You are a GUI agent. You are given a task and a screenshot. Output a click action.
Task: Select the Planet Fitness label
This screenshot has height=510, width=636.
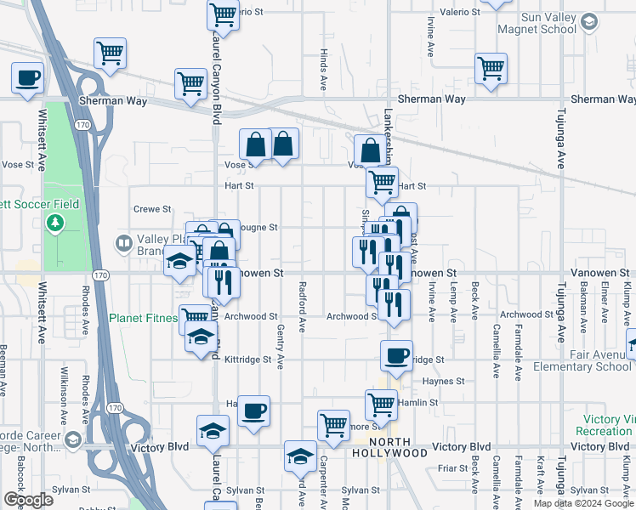pyautogui.click(x=143, y=319)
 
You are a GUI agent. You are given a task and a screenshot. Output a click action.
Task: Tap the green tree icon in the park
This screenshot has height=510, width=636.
pyautogui.click(x=56, y=223)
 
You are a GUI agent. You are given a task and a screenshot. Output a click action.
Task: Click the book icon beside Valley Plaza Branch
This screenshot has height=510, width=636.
pyautogui.click(x=124, y=245)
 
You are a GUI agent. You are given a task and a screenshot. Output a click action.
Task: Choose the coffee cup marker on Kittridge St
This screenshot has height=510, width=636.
pyautogui.click(x=395, y=358)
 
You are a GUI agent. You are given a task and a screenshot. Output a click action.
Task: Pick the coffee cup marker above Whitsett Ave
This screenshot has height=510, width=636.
pyautogui.click(x=27, y=78)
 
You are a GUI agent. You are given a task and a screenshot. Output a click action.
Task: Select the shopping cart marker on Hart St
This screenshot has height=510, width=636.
pyautogui.click(x=382, y=180)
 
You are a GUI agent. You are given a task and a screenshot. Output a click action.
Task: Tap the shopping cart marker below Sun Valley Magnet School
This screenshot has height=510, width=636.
pyautogui.click(x=491, y=69)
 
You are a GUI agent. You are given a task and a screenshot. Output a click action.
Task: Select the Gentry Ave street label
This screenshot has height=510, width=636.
pyautogui.click(x=281, y=350)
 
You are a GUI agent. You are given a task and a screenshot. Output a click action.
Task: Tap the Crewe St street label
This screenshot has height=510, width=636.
pyautogui.click(x=153, y=209)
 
